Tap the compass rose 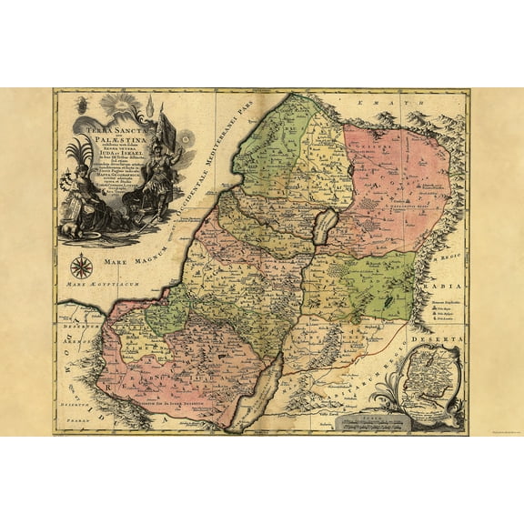click(x=81, y=267)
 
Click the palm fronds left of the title click(x=76, y=155)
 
